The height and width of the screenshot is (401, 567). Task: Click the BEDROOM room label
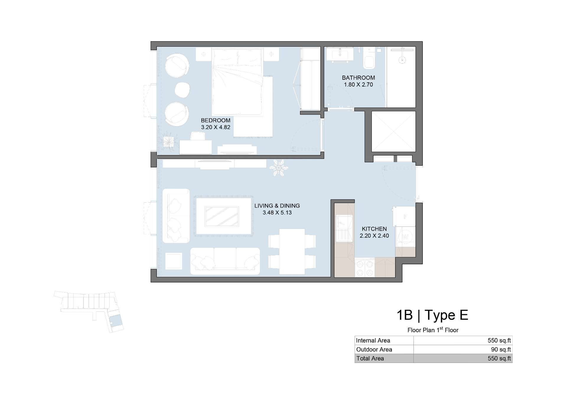point(216,120)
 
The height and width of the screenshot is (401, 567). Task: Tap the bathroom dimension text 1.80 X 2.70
point(358,84)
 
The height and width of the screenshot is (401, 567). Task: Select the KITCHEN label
point(374,229)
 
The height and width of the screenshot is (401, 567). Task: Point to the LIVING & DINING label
point(277,206)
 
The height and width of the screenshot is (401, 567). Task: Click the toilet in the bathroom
point(369,58)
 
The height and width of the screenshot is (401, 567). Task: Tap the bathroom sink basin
point(340,54)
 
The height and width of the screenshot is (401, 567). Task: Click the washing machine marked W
point(405,237)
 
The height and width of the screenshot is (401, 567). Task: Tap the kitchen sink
point(344,229)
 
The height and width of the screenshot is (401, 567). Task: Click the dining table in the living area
point(292,252)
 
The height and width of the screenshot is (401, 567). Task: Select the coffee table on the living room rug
point(222,216)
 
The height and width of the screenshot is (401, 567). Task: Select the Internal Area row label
point(373,340)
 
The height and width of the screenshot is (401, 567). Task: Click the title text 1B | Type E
point(432,315)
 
